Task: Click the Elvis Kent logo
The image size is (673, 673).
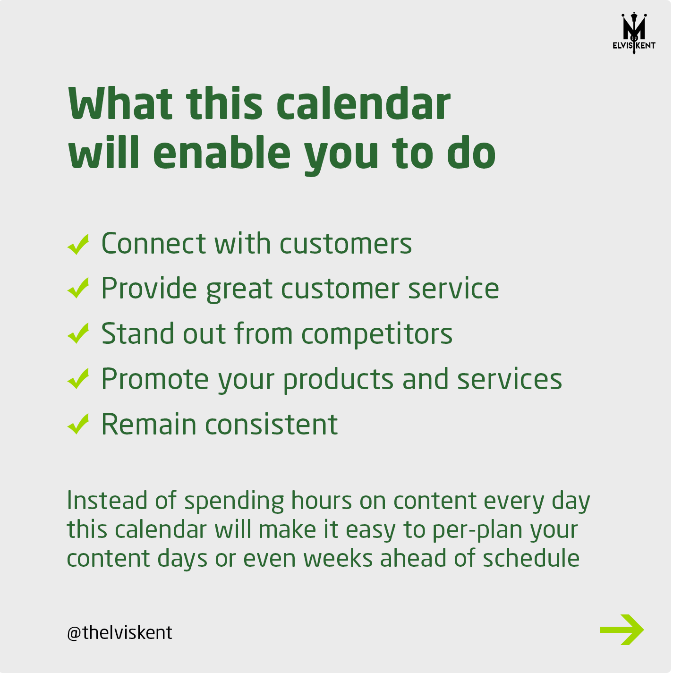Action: pos(634,33)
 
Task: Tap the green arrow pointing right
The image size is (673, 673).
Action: pos(622,630)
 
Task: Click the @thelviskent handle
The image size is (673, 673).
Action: pos(119,633)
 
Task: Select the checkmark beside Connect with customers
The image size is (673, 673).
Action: pos(78,244)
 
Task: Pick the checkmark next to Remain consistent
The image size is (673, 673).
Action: pos(78,424)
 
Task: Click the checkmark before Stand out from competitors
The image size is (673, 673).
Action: pos(78,333)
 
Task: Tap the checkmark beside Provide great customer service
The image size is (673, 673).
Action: pos(78,288)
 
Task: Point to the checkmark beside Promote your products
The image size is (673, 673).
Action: pos(78,378)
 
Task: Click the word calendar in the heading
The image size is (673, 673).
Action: pos(364,104)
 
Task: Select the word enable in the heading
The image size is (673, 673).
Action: pos(222,153)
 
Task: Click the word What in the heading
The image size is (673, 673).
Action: pos(120,104)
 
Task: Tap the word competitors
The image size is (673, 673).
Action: pos(377,334)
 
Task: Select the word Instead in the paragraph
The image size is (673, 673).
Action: pos(107,501)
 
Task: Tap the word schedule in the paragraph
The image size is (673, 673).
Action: pos(531,558)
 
